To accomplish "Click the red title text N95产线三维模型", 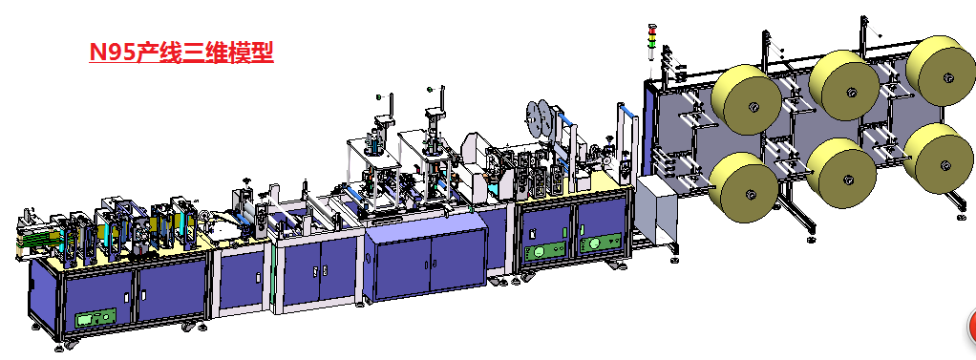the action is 181,52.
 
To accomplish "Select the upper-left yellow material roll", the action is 746,99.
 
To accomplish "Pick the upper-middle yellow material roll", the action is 844,83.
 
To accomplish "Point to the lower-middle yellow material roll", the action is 841,173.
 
